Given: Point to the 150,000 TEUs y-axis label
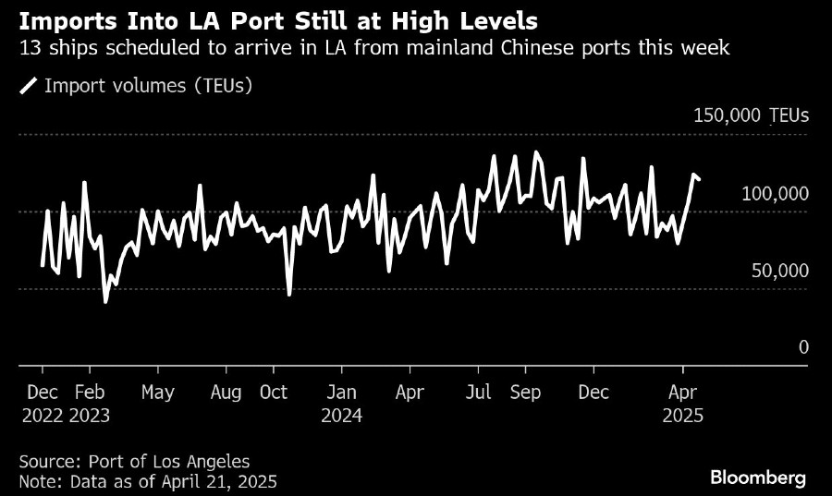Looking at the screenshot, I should click(751, 115).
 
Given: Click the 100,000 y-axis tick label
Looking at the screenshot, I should click(775, 193).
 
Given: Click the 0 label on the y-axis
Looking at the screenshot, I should click(803, 347).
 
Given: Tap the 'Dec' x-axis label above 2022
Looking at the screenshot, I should click(43, 393).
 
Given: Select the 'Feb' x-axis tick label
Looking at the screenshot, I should click(90, 393).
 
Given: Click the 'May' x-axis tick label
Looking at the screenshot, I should click(157, 393).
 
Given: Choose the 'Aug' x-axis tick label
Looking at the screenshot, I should click(226, 393).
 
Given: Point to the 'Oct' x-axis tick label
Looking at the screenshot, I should click(273, 393).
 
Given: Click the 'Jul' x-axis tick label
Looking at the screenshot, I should click(479, 393).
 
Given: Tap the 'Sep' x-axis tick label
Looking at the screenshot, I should click(525, 393).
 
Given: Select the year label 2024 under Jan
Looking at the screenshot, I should click(341, 416).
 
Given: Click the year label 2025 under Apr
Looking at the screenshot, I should click(683, 416).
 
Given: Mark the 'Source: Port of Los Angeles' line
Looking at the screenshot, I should click(134, 461).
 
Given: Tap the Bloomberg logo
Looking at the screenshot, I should click(757, 478).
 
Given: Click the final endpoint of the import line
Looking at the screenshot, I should click(700, 180).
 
